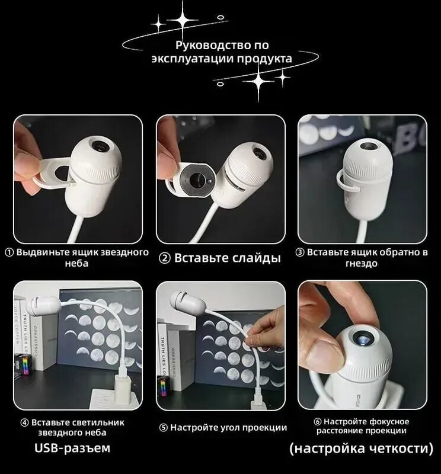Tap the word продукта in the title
pos(264,58)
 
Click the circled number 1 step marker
pos(9,253)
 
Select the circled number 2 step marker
pos(165,259)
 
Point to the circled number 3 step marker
pos(299,253)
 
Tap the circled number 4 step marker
pos(24,422)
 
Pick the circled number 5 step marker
pos(164,428)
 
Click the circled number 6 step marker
pos(318,422)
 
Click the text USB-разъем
pos(72,448)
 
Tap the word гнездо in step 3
pos(362,263)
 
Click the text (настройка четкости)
pos(362,449)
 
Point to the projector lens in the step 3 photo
pos(369,146)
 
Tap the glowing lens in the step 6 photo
pos(362,338)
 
